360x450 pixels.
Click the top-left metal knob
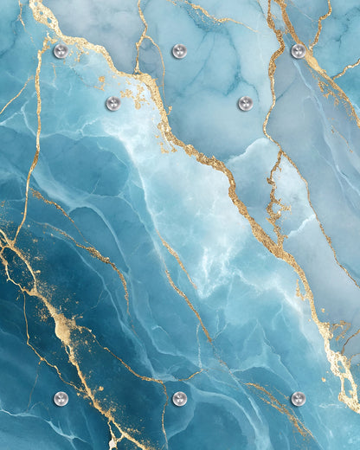click(x=61, y=51)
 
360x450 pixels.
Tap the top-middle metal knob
click(x=179, y=51)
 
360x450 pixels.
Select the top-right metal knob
click(x=299, y=51)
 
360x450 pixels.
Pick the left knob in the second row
click(x=112, y=104)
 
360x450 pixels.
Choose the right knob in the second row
click(x=246, y=104)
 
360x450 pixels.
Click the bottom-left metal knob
click(x=61, y=399)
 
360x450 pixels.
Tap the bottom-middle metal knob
click(x=179, y=399)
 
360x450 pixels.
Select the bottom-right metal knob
click(x=299, y=399)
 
